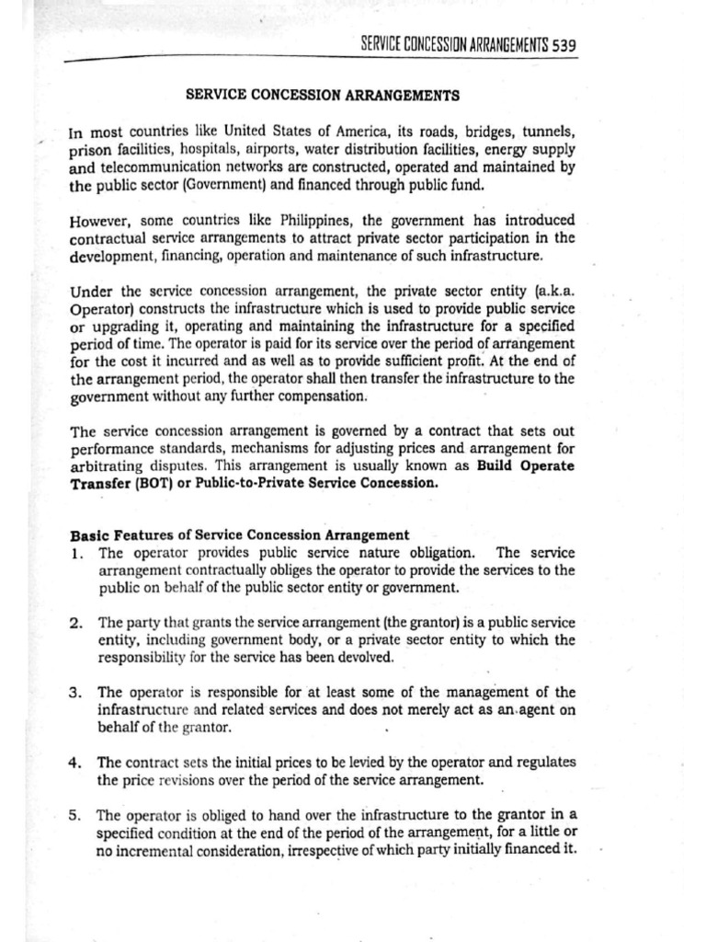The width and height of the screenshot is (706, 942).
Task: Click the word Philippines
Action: point(307,221)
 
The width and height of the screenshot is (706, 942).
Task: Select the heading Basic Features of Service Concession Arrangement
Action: point(239,534)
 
